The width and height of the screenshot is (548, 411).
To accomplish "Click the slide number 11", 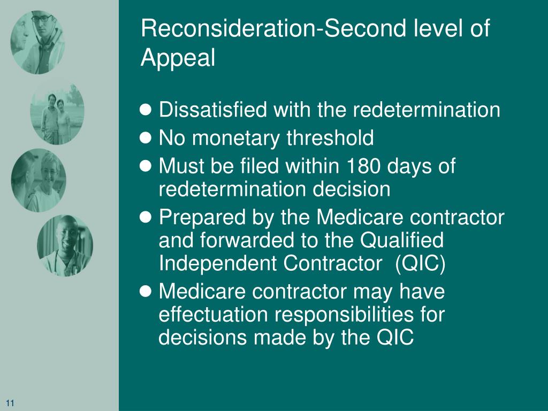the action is tap(10, 403).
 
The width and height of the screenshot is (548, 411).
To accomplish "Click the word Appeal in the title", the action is tap(178, 58).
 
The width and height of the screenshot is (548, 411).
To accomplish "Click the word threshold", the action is tap(330, 138).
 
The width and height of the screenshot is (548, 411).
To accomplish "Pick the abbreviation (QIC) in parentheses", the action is tap(420, 263).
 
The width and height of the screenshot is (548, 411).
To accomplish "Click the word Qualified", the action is tap(402, 240).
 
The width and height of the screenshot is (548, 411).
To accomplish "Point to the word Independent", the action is tap(218, 263).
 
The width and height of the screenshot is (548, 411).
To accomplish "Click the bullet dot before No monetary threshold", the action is tap(146, 138).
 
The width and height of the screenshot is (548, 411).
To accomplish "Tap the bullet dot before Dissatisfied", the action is tap(146, 110).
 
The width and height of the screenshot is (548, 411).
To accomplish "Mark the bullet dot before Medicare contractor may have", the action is tap(146, 291).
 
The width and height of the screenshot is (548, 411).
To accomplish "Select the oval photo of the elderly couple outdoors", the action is tap(57, 112).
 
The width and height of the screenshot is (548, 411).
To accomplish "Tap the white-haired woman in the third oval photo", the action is tap(48, 184).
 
